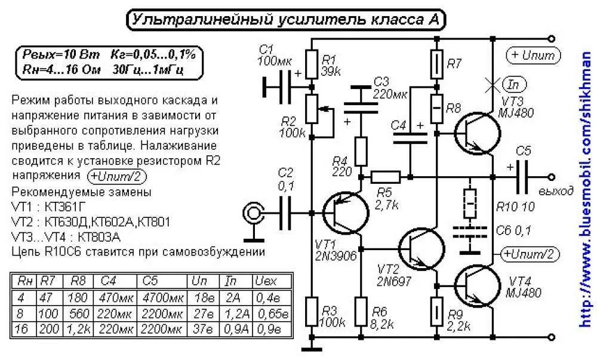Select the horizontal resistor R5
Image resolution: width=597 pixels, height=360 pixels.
click(385, 177)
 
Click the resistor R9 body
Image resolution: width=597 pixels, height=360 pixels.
click(436, 311)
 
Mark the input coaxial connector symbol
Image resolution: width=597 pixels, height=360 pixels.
click(254, 213)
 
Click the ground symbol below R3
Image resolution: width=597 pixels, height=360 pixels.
click(312, 349)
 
